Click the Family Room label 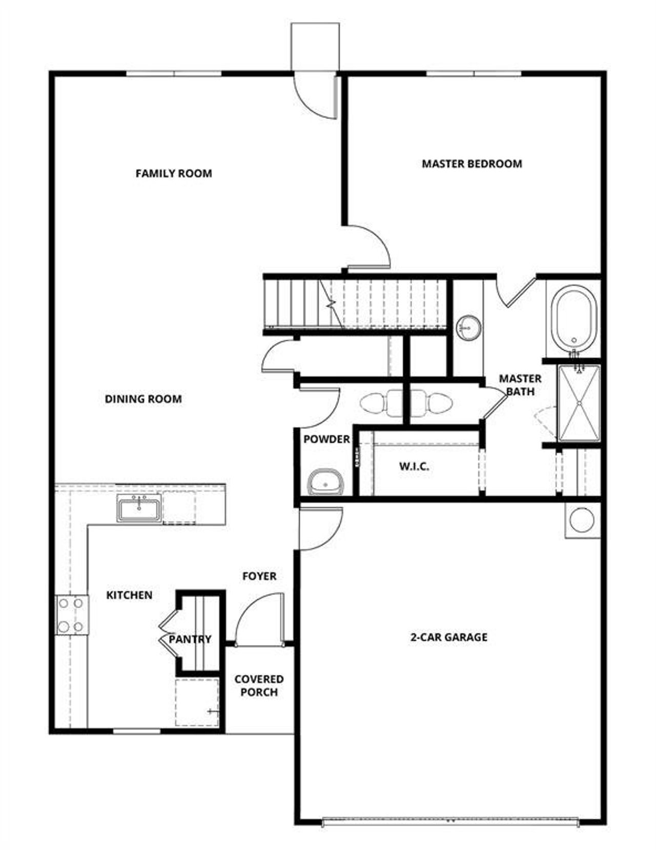coord(173,173)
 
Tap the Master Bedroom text coord(471,164)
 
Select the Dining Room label coord(143,399)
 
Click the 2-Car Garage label coord(448,637)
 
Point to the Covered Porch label coord(259,685)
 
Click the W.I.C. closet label coord(414,467)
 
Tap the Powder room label coord(326,439)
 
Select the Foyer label coord(259,576)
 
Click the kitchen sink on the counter coord(139,508)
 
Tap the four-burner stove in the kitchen coord(71,615)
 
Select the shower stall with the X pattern coord(579,403)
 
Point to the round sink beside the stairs coord(468,327)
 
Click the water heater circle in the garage coord(582,520)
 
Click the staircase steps coord(359,303)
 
